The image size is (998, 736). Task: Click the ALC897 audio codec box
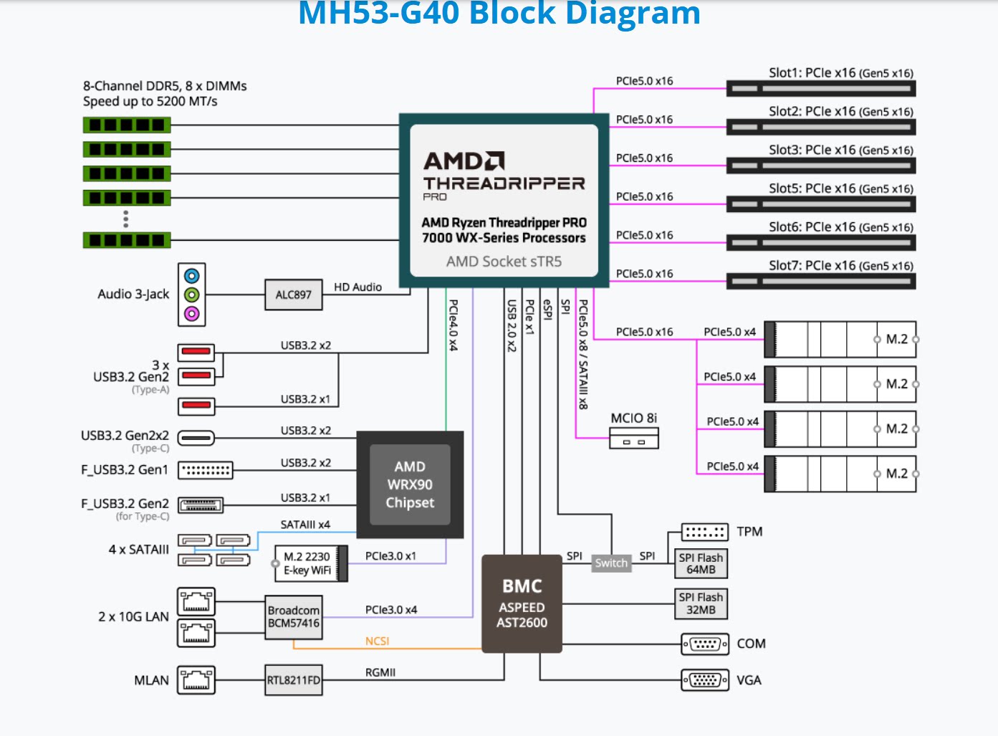tap(293, 295)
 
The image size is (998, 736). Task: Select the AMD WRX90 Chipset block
tap(410, 484)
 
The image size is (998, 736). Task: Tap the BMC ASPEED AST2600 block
tap(522, 603)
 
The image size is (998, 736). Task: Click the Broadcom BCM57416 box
tap(293, 616)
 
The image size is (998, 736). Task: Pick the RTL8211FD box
tap(293, 680)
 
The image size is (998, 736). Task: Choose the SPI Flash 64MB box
tap(701, 563)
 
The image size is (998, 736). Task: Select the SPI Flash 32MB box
tap(701, 603)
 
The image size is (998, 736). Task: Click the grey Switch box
tap(611, 563)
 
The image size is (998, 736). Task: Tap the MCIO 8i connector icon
tap(633, 438)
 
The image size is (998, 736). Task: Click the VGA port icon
tap(705, 679)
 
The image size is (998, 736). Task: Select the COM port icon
tap(705, 644)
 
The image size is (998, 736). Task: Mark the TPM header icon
tap(705, 532)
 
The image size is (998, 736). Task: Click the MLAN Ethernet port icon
tap(196, 680)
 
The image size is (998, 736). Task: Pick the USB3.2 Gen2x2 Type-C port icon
tap(196, 437)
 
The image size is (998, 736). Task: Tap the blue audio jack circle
tap(191, 276)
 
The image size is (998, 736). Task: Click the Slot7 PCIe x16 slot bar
tap(821, 281)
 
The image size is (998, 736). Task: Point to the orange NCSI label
tap(377, 641)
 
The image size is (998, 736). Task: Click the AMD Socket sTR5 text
tap(504, 262)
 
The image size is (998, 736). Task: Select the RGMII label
tap(380, 672)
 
